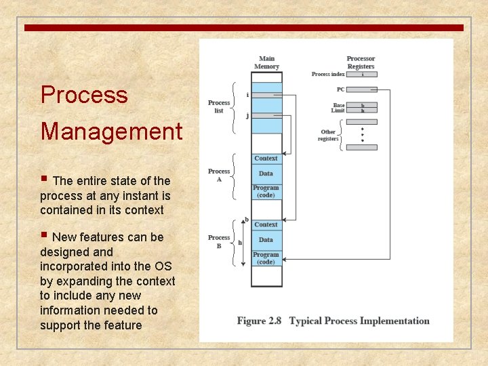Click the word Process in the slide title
point(84,95)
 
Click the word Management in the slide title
point(111,131)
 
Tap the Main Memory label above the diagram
point(266,62)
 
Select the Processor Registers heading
point(361,62)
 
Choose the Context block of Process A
point(266,159)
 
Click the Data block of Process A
point(266,174)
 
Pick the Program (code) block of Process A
point(266,191)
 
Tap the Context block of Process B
point(266,224)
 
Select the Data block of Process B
point(266,239)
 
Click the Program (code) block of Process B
point(266,258)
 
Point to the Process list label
point(218,106)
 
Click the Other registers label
point(328,136)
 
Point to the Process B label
point(219,241)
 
